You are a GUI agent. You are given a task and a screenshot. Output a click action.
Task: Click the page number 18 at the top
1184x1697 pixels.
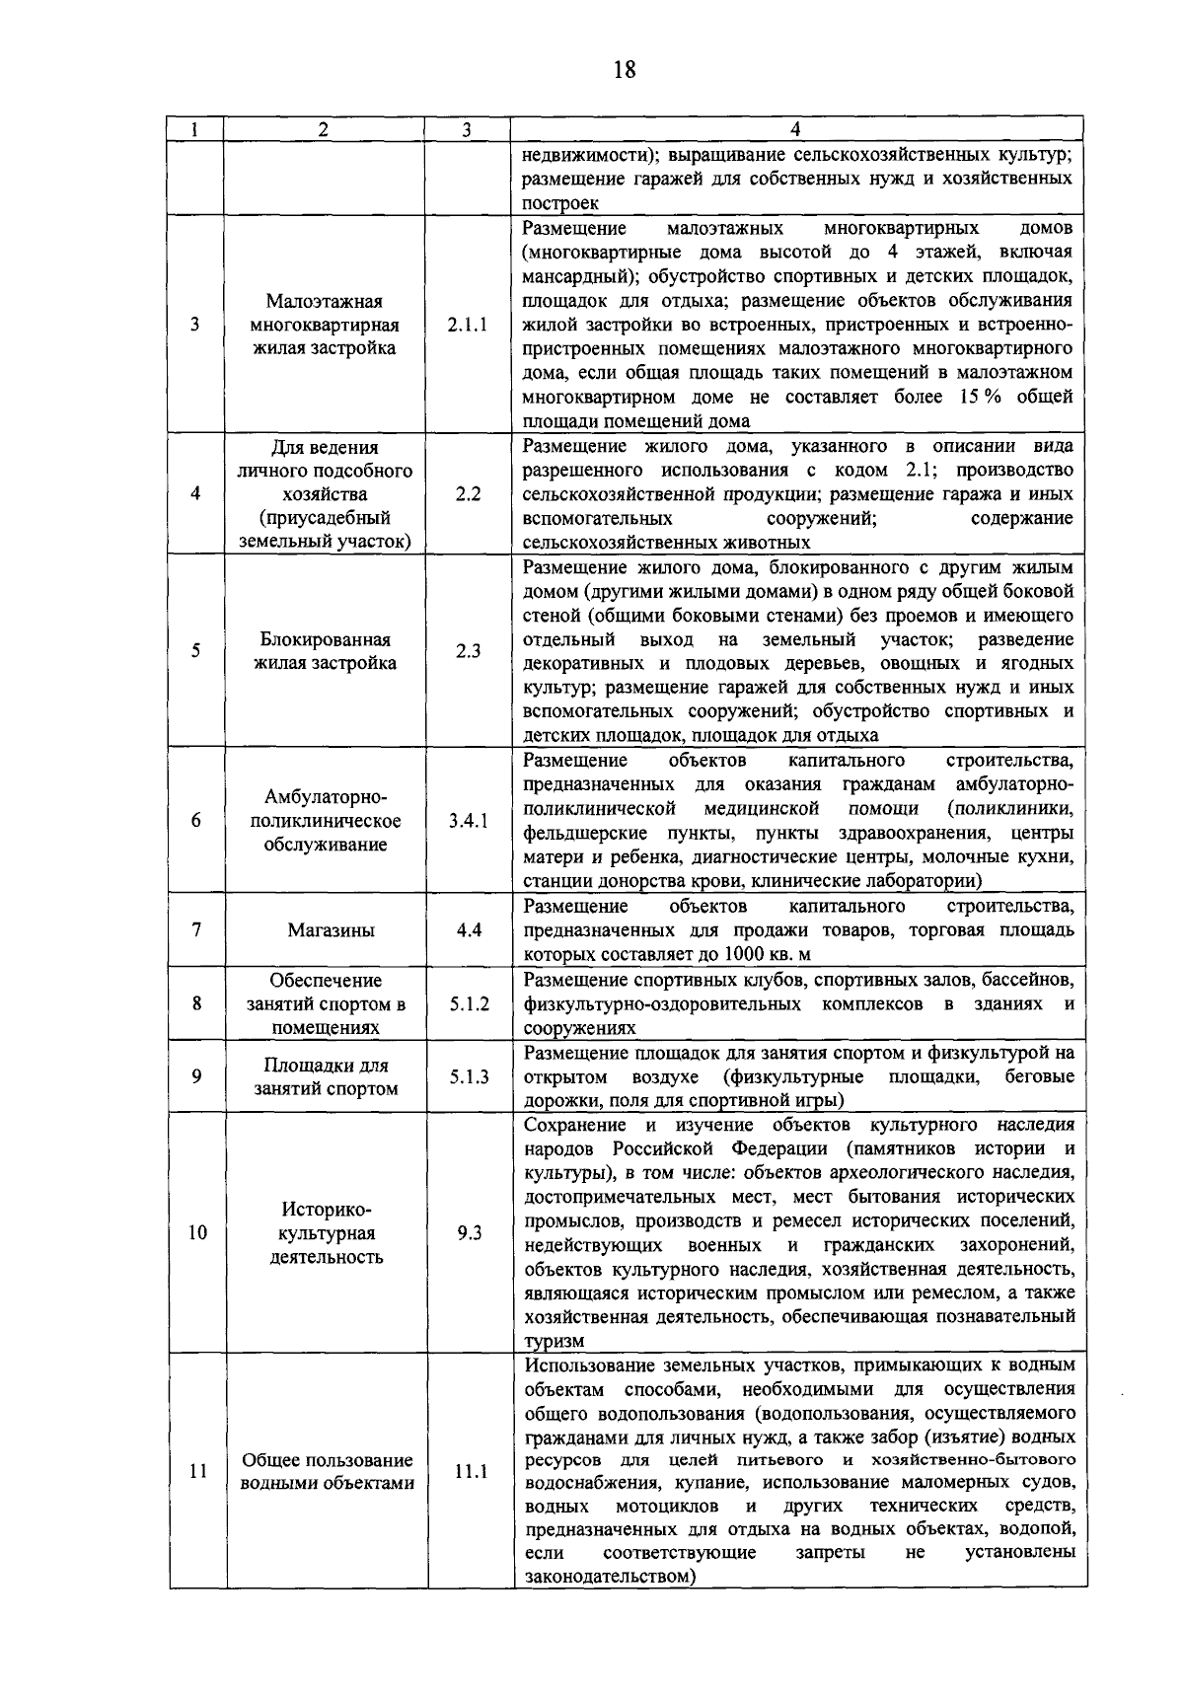624,69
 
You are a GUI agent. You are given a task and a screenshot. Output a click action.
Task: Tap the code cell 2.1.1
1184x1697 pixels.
467,325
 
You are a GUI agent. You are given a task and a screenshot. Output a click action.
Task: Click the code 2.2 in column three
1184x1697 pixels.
468,494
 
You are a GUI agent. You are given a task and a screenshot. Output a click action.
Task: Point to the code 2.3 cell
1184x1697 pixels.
468,651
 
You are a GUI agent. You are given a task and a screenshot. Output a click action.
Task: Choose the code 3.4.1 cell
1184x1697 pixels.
467,821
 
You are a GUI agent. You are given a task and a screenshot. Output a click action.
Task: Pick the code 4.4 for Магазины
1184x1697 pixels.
468,929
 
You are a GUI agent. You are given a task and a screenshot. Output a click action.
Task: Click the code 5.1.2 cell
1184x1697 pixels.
469,1003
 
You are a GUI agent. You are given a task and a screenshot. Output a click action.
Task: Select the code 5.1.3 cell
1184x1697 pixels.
469,1076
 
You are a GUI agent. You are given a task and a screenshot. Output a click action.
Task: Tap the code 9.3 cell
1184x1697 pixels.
469,1233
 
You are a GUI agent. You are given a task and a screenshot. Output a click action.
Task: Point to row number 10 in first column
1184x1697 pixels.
197,1233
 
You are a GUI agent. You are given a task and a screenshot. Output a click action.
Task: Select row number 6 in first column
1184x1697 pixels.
196,821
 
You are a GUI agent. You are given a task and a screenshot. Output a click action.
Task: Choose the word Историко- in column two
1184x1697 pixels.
326,1210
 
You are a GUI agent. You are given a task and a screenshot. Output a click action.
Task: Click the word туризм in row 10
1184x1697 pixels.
554,1342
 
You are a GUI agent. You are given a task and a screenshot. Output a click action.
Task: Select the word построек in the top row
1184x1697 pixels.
560,203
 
